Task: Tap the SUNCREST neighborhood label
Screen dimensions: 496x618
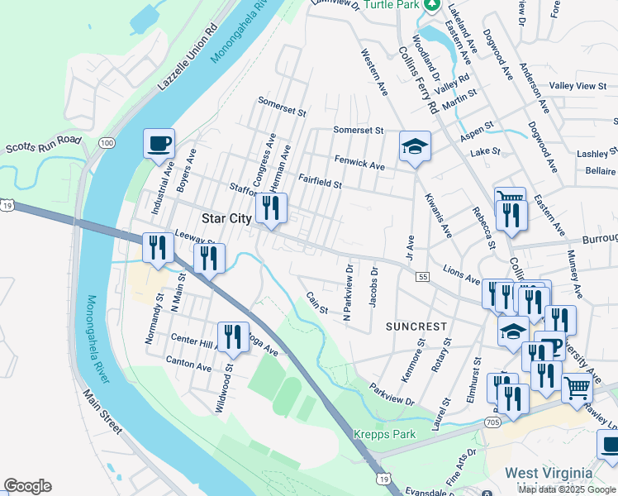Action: pyautogui.click(x=416, y=327)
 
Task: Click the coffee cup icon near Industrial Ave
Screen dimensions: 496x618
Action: pyautogui.click(x=159, y=143)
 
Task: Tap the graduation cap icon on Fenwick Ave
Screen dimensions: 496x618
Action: pyautogui.click(x=416, y=146)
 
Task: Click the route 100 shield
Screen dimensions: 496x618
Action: pyautogui.click(x=106, y=143)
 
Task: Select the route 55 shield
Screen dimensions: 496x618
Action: pyautogui.click(x=422, y=276)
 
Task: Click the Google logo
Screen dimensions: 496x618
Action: pyautogui.click(x=27, y=486)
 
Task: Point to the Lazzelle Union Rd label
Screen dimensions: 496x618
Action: pyautogui.click(x=189, y=56)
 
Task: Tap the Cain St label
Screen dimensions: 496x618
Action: pyautogui.click(x=317, y=303)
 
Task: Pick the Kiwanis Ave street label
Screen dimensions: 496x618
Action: pyautogui.click(x=438, y=213)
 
